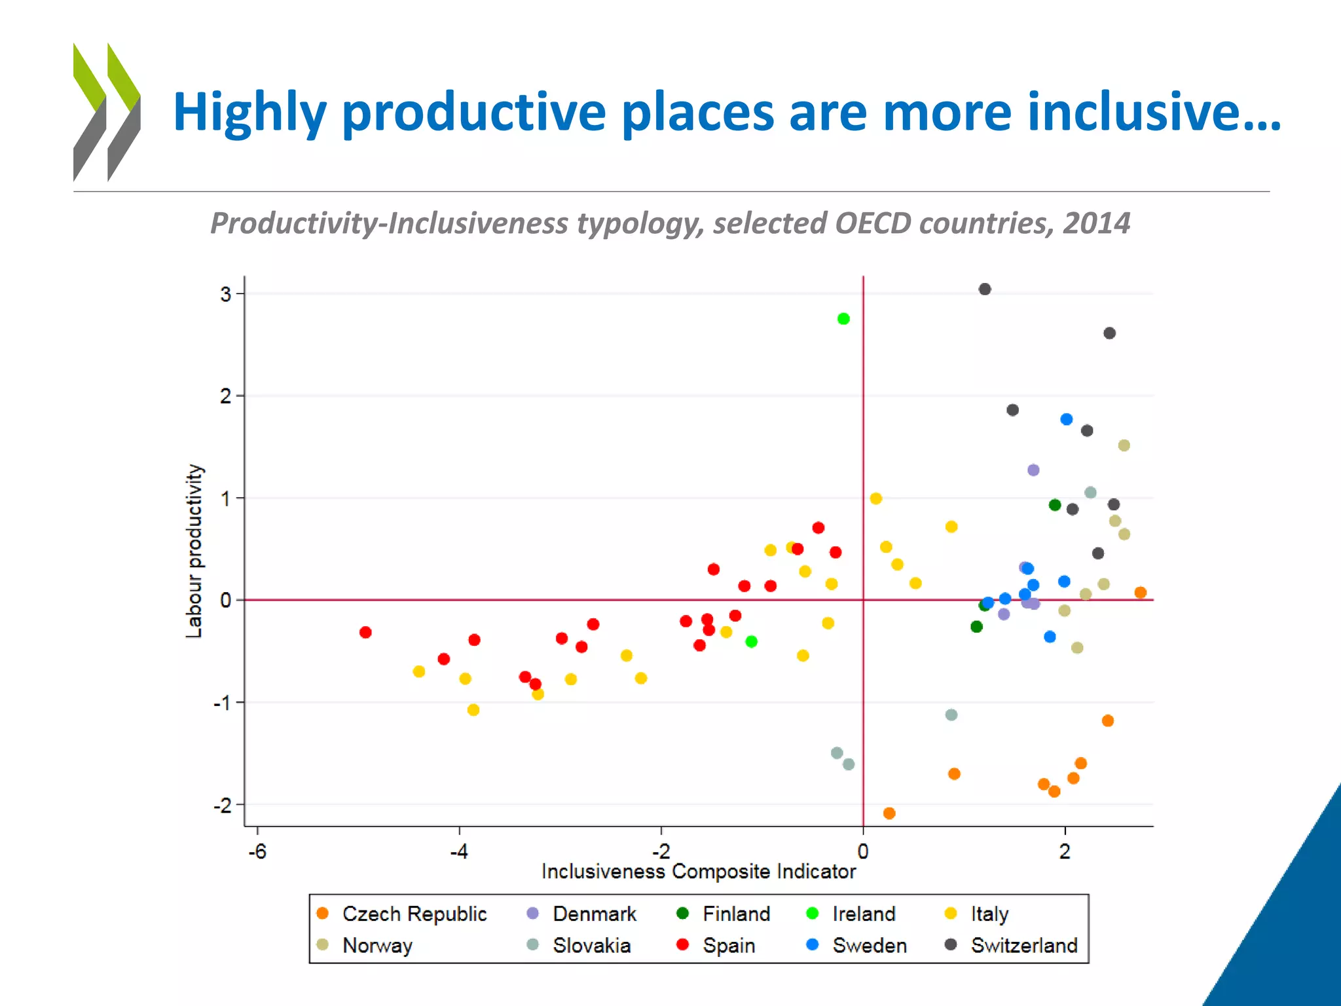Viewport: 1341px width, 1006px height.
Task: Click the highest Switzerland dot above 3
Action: click(984, 289)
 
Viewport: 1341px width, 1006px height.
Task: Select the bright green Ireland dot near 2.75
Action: click(843, 319)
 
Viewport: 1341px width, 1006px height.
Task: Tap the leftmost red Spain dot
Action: click(365, 632)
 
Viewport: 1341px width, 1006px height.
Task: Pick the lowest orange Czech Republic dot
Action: click(889, 813)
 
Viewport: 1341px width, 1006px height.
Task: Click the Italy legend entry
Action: click(989, 914)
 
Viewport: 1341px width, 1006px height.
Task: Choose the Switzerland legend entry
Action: click(1023, 945)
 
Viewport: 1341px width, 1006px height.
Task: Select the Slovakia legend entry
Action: click(591, 945)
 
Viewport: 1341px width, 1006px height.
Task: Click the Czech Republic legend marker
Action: click(322, 914)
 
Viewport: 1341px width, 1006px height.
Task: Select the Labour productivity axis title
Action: click(194, 550)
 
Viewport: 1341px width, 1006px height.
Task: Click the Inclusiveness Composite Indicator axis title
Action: click(698, 872)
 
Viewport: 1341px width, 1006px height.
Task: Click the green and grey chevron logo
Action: click(107, 112)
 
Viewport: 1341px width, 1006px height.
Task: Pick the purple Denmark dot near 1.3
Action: click(1033, 470)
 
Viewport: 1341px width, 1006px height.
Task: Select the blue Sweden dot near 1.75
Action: click(1066, 419)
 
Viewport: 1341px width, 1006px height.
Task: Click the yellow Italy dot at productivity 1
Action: click(875, 498)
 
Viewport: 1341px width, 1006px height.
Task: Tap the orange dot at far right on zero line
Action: click(1140, 593)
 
